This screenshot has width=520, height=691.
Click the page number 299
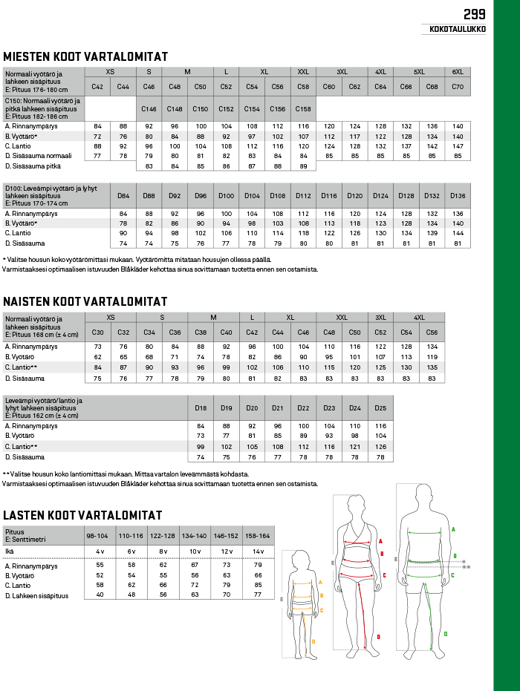(x=474, y=13)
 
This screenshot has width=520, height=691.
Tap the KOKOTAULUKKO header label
(x=458, y=30)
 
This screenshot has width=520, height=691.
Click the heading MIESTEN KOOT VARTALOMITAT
(x=85, y=57)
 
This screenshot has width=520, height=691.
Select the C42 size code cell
(x=97, y=87)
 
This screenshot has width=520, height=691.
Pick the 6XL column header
(x=458, y=72)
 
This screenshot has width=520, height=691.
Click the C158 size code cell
(x=303, y=109)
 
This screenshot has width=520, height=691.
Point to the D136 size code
(x=458, y=196)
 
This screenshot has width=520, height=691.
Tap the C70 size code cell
(x=458, y=87)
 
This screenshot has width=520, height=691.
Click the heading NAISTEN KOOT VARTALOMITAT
(x=85, y=301)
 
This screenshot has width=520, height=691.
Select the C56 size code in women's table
(x=432, y=332)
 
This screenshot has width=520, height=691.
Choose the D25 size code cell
(x=380, y=408)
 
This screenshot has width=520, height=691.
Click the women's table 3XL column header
(x=380, y=317)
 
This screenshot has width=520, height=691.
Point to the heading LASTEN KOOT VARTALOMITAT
(x=83, y=515)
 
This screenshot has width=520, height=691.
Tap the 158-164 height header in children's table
(x=259, y=535)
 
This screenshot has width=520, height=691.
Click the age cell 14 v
(x=259, y=551)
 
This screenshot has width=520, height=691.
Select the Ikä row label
(x=10, y=551)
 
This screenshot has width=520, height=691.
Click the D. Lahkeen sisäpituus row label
(x=36, y=595)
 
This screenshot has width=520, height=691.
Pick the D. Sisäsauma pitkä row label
(x=34, y=166)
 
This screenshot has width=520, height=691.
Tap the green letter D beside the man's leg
(x=445, y=634)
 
